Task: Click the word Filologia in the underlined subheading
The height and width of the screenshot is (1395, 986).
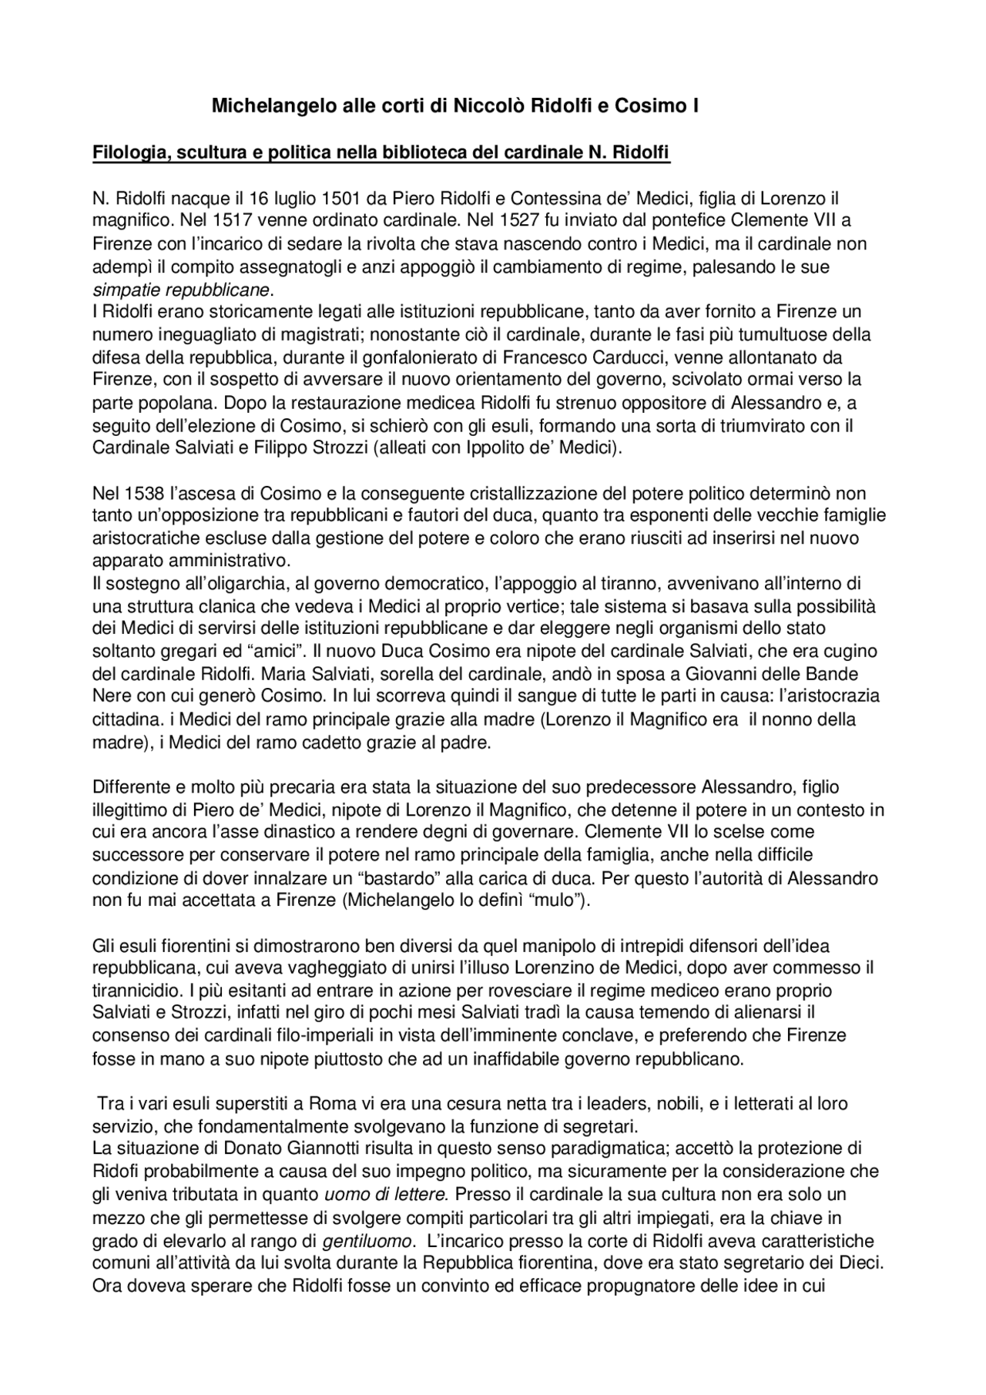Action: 127,153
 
